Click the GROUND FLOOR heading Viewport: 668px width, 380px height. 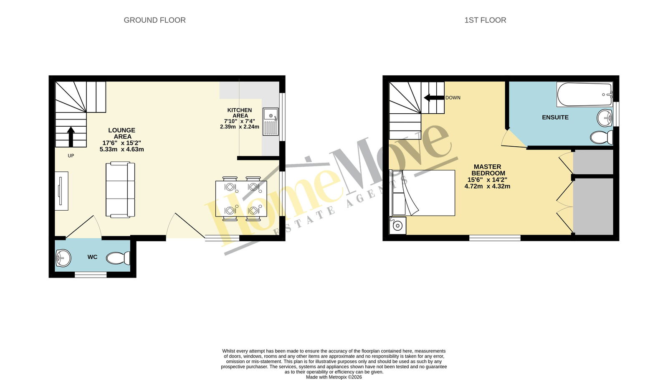154,20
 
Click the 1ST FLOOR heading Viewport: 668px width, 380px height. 485,20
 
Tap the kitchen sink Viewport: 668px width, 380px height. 271,122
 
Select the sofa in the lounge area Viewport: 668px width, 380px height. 120,189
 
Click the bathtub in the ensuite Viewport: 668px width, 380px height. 584,94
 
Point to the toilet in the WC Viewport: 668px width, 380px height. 118,258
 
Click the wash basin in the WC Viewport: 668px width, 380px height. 63,258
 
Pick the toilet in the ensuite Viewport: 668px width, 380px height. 602,137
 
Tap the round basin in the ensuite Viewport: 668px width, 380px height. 605,118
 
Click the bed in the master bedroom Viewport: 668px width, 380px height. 422,193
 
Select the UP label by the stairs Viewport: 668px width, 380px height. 71,156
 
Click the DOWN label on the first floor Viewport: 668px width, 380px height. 453,97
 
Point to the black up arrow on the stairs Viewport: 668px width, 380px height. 71,137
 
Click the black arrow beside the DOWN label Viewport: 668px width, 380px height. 434,97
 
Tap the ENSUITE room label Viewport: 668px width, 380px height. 555,117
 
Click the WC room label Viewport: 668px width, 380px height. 92,257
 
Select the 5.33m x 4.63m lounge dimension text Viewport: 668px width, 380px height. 121,149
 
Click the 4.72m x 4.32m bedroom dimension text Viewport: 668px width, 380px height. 487,186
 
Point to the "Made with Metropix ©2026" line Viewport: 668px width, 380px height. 334,377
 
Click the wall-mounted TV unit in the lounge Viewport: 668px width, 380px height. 61,191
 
